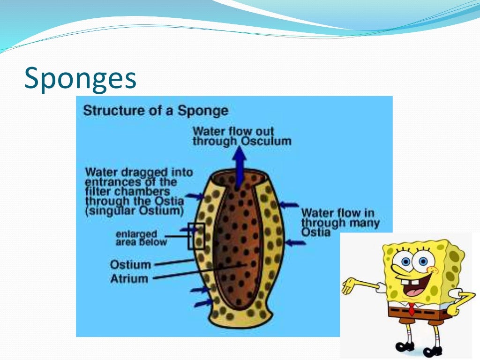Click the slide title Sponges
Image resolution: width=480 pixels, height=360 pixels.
[x=80, y=78]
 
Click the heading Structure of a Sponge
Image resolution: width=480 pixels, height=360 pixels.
[x=156, y=111]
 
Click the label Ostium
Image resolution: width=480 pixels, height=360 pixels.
[x=131, y=264]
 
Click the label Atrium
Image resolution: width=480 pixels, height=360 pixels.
[x=129, y=278]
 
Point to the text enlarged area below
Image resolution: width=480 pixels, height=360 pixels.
[x=141, y=238]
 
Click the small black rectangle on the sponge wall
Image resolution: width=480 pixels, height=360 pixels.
[x=196, y=236]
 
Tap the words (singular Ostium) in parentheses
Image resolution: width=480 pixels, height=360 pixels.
[x=134, y=211]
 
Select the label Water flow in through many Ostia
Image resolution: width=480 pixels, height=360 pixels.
[x=340, y=222]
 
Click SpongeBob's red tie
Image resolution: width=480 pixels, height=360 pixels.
[x=411, y=309]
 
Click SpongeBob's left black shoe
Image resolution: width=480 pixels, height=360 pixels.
[x=404, y=347]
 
